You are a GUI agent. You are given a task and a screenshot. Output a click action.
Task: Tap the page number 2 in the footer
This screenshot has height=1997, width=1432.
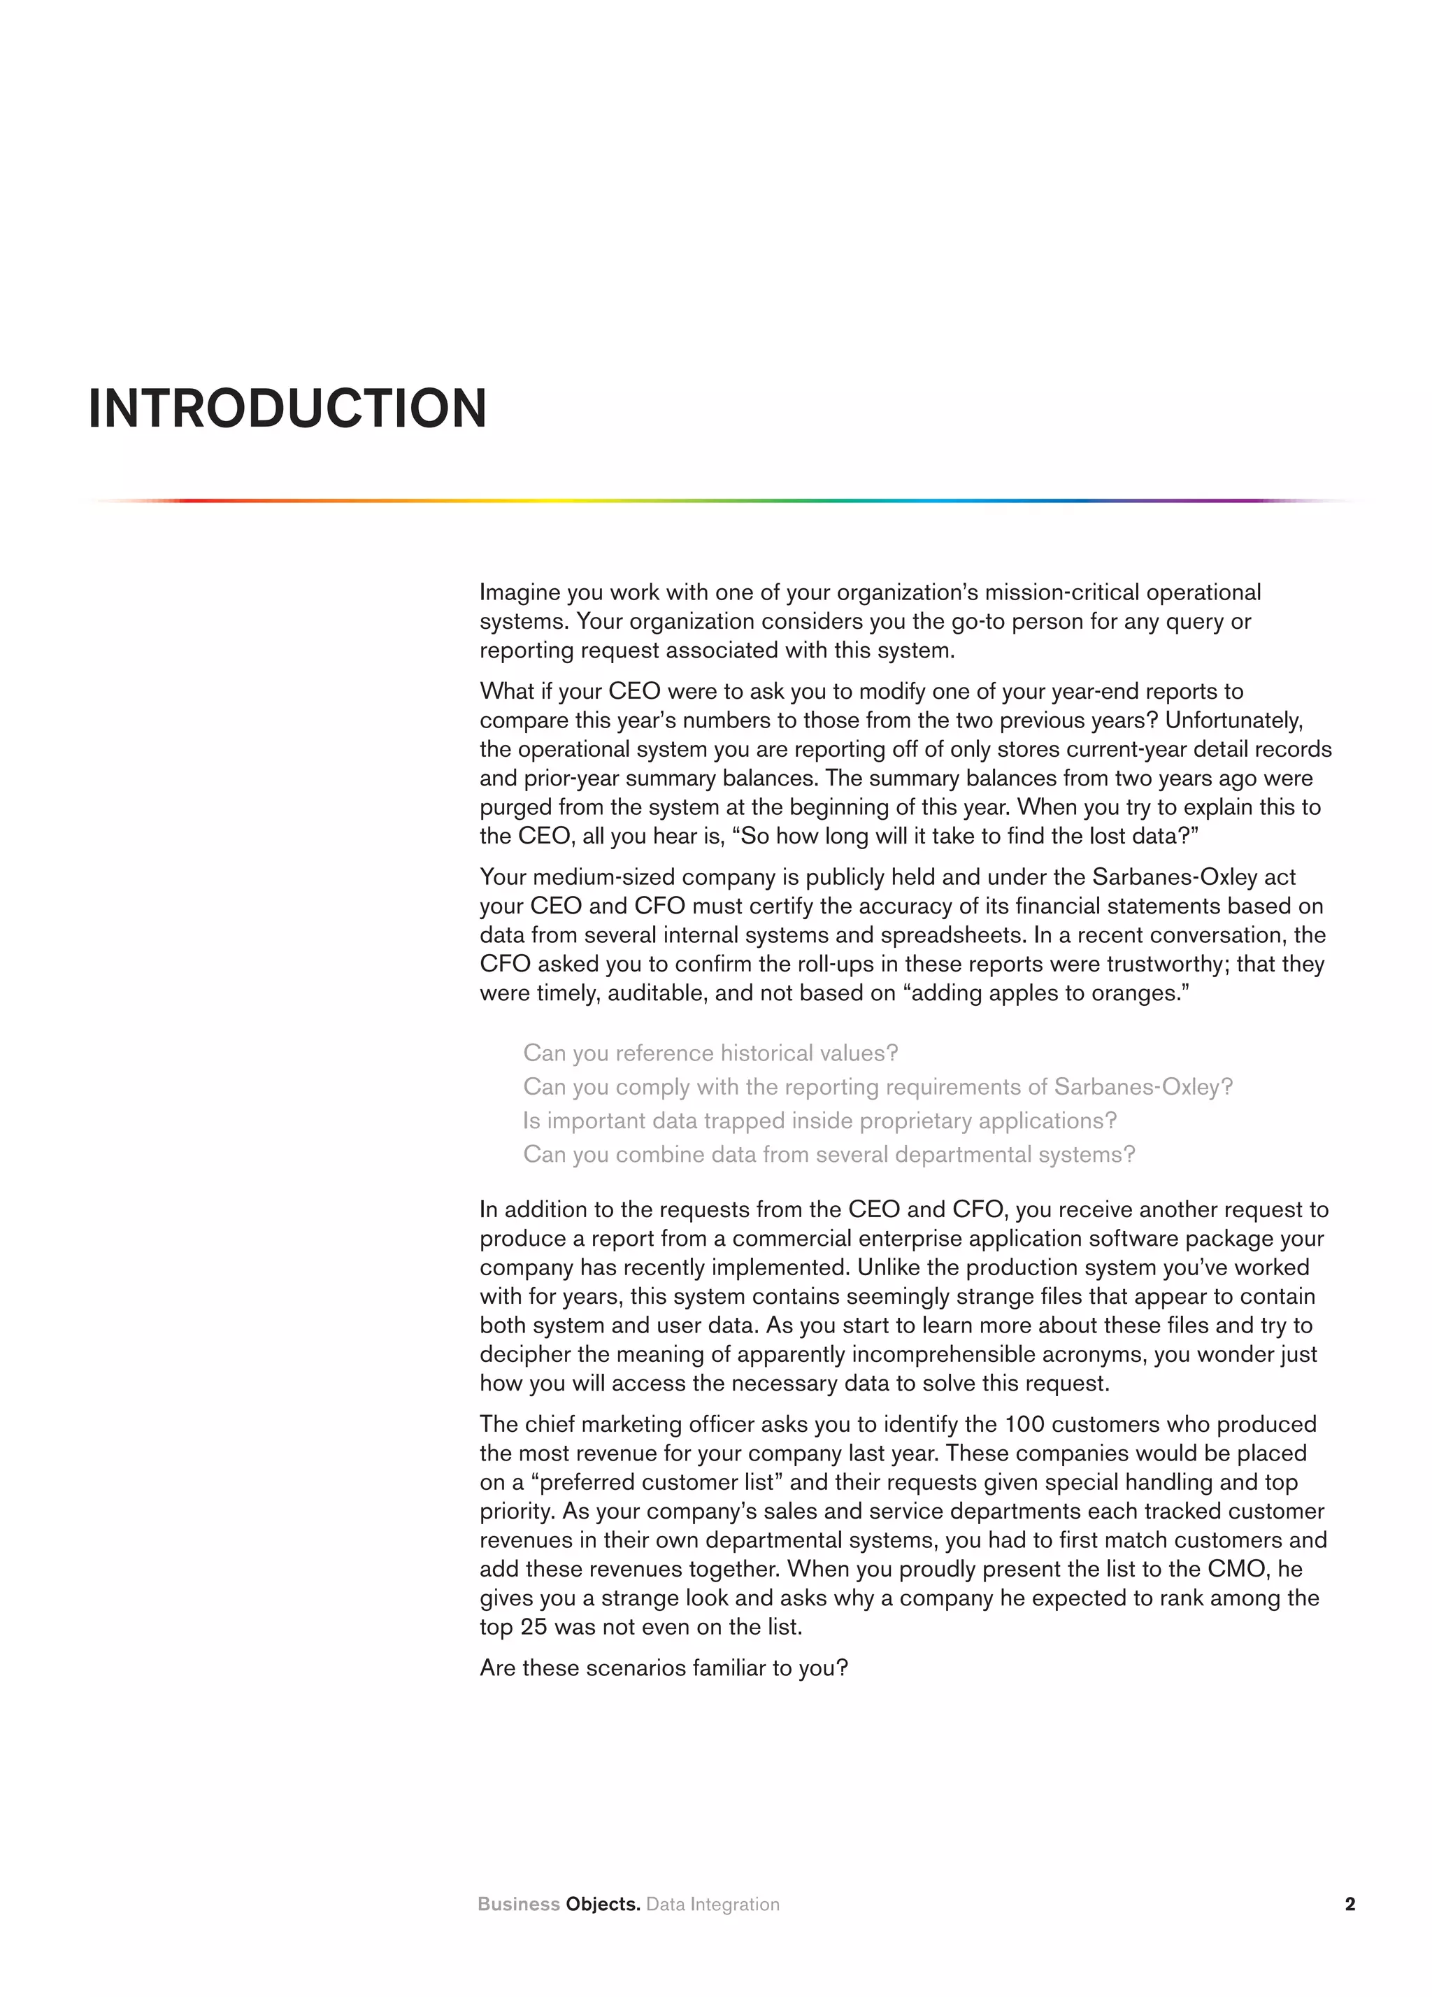[1350, 1904]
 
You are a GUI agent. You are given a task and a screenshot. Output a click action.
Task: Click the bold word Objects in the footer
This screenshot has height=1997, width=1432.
[603, 1904]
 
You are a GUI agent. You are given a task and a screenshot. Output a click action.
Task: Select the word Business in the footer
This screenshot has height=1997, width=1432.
[518, 1904]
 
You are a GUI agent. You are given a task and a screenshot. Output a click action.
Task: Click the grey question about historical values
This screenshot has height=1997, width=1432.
[710, 1053]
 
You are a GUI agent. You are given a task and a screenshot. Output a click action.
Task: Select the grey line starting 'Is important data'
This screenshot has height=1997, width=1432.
[819, 1121]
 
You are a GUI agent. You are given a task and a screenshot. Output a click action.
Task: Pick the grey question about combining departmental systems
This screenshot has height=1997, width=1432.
[829, 1154]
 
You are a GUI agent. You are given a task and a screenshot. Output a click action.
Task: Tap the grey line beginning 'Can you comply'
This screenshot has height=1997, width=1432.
[878, 1088]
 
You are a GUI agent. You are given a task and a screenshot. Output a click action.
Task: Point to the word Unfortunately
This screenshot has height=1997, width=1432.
[1233, 720]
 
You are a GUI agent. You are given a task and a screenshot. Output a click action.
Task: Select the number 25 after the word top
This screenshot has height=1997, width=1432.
[534, 1627]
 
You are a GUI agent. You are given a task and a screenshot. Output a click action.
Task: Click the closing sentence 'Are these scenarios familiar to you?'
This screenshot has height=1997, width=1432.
[664, 1668]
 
